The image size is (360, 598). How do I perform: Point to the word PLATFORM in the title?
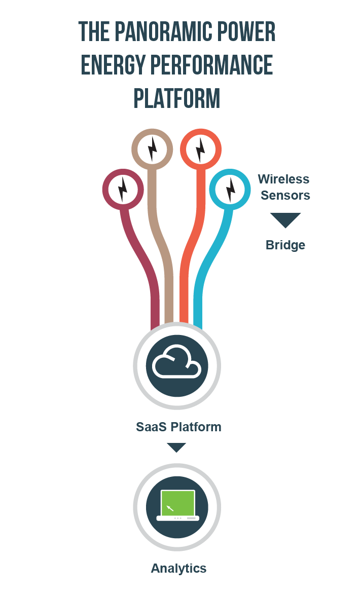point(177,98)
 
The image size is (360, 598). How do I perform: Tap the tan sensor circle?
point(152,149)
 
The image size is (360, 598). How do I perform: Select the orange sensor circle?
point(201,149)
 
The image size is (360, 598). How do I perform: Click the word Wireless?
point(283,179)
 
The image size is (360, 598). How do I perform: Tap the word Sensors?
point(285,195)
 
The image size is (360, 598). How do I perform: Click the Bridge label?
point(285,245)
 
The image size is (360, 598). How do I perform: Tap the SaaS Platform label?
point(178,427)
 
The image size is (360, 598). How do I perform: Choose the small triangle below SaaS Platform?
point(176,447)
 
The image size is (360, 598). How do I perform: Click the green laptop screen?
point(177,502)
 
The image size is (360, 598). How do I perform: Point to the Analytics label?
point(178,568)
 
